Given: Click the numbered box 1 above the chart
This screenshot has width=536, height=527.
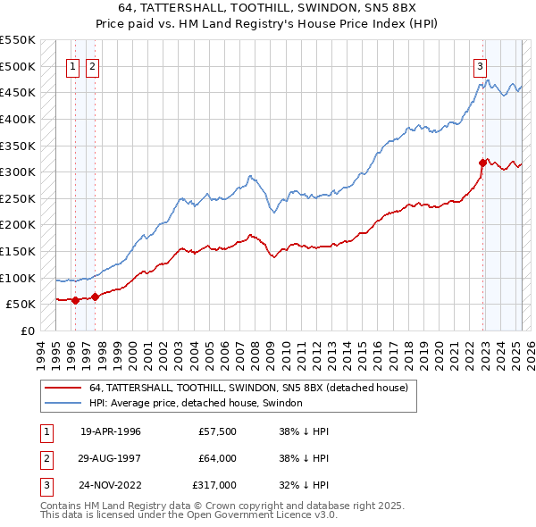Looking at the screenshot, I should click(72, 65).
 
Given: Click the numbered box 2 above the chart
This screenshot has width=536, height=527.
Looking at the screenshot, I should click(93, 65).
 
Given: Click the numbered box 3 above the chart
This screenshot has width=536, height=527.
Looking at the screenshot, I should click(480, 65).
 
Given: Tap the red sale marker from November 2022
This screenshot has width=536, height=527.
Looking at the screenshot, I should click(482, 163).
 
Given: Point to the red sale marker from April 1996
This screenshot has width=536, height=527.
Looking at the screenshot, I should click(75, 300).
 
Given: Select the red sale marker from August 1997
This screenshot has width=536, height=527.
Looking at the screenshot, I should click(96, 297).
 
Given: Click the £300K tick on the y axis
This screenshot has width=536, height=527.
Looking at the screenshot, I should click(18, 171).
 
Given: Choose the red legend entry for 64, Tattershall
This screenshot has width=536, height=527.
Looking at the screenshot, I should click(248, 388).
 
